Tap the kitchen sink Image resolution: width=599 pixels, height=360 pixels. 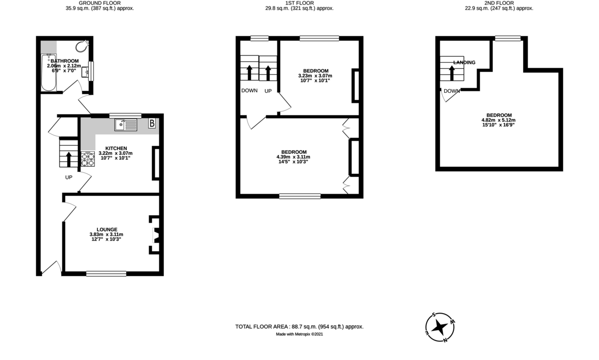126,125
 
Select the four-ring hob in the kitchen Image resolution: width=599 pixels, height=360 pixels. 87,159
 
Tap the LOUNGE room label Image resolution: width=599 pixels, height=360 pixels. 106,229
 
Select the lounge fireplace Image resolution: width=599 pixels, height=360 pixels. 155,236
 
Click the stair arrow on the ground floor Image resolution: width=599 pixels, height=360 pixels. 69,159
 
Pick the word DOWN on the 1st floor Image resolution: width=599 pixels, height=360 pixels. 249,90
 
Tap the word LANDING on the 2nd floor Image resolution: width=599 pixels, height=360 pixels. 464,62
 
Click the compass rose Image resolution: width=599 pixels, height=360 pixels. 440,327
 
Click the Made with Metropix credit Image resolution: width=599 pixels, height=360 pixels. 303,335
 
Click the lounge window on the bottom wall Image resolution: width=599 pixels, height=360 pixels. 106,273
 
